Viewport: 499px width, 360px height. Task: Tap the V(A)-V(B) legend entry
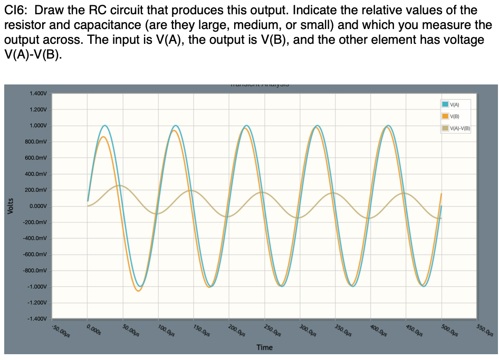point(458,128)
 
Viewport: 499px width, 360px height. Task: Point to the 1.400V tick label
point(39,93)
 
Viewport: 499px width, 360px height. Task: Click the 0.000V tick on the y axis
point(39,206)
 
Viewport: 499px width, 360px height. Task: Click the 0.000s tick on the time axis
point(94,330)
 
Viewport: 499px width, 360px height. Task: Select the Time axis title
point(264,347)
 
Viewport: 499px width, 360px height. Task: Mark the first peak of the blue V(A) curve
point(105,126)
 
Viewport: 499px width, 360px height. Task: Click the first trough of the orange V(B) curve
point(138,291)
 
